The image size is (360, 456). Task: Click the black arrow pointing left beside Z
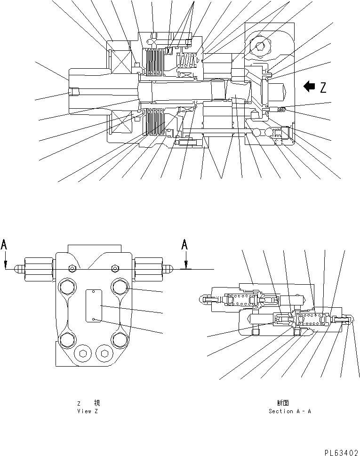coord(309,87)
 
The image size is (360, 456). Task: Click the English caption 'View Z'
coord(88,411)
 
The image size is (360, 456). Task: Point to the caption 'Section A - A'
coord(289,411)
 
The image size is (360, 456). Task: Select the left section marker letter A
coord(4,245)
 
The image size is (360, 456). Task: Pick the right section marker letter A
coord(185,245)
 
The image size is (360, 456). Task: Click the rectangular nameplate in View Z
coord(93,306)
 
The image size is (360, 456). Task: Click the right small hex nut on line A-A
coord(114,268)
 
